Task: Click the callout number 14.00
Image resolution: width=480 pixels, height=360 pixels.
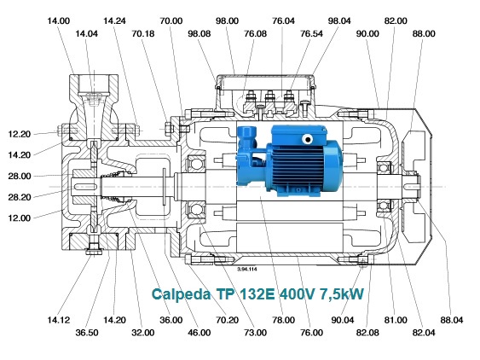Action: [59, 20]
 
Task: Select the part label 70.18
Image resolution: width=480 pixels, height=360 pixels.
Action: [143, 33]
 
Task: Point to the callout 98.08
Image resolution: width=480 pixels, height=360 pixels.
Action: [200, 33]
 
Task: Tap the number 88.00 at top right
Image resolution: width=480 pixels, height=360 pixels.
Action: [424, 33]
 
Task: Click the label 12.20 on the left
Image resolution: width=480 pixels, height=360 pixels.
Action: [20, 134]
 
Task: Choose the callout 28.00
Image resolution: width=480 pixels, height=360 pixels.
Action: [20, 177]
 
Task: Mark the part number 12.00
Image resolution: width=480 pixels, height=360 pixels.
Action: [20, 218]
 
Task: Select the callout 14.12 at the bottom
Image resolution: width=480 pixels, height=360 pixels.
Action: [59, 320]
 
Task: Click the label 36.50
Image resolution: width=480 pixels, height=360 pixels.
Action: [87, 333]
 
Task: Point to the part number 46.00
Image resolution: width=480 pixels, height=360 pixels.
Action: [200, 333]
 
